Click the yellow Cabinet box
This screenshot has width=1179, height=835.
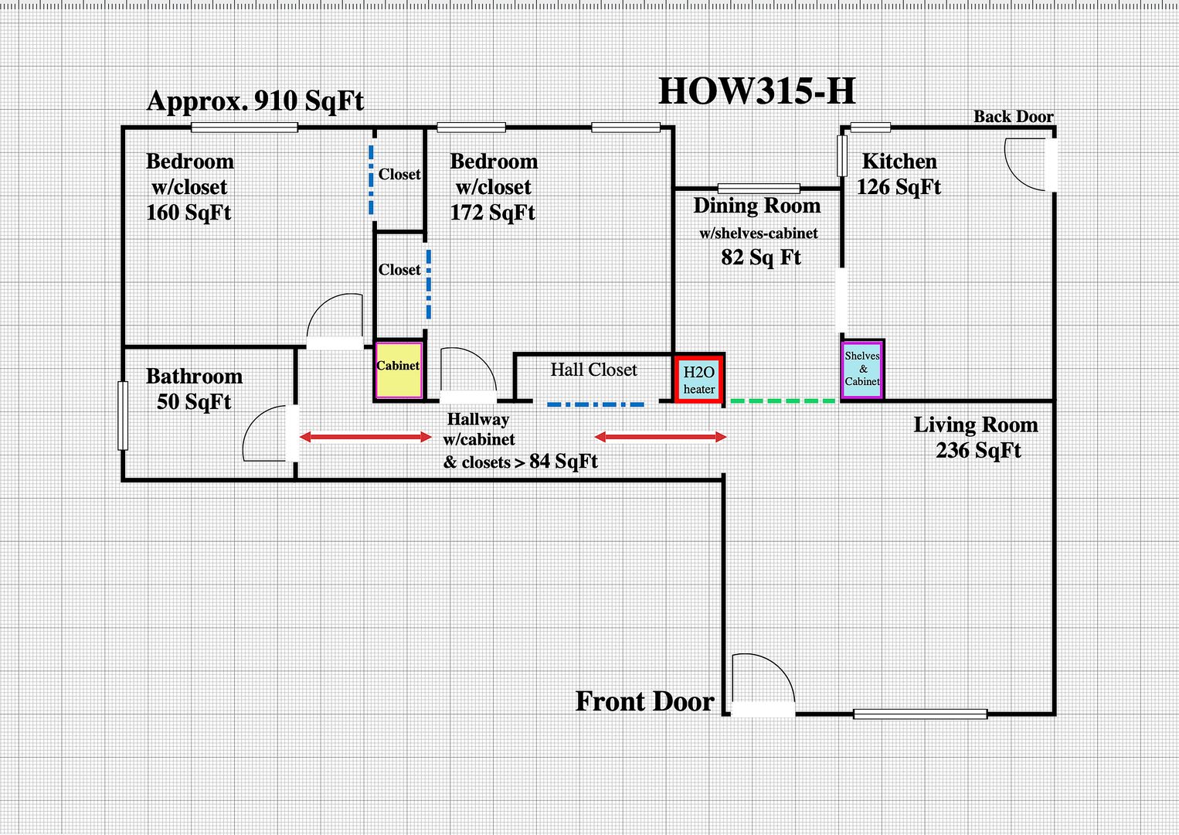(x=399, y=370)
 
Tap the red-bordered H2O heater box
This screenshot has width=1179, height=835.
(x=699, y=380)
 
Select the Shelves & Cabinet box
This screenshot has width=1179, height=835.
(x=862, y=370)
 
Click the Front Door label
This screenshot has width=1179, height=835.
(x=645, y=701)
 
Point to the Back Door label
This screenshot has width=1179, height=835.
(x=1013, y=117)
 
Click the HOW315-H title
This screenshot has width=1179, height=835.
(x=756, y=91)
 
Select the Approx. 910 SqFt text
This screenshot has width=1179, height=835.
(x=255, y=101)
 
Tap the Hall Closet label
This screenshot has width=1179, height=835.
(x=593, y=370)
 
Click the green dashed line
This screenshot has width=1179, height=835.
(x=782, y=400)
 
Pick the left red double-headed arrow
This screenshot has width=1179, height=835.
(x=365, y=438)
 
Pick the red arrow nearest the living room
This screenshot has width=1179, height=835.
(x=661, y=438)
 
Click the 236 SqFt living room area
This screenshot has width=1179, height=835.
(x=978, y=450)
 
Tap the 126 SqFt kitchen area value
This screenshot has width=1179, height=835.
(x=899, y=187)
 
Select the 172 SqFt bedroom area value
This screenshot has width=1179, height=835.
(x=492, y=213)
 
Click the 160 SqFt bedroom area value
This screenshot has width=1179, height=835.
(x=189, y=213)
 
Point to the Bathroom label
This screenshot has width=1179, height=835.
(x=194, y=377)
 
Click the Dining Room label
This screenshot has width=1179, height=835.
(x=756, y=206)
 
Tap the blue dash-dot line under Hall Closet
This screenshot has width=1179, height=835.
(x=595, y=404)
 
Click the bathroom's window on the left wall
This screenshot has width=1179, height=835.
(x=123, y=415)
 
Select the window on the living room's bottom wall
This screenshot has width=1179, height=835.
(x=919, y=714)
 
